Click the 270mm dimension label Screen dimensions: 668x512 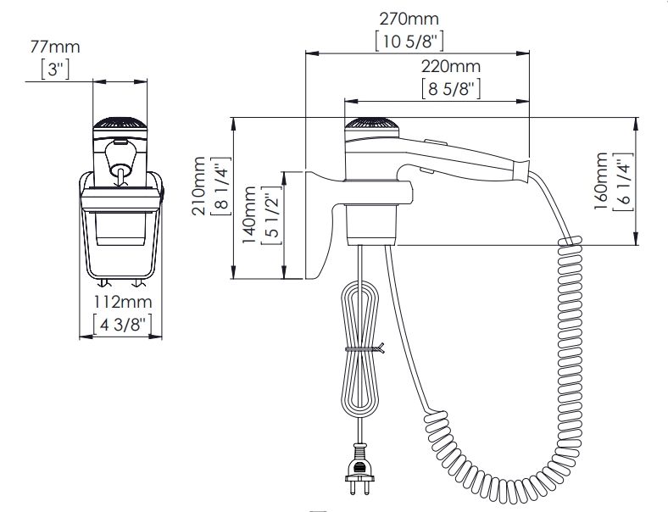pos(409,19)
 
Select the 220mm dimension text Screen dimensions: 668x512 pos(451,66)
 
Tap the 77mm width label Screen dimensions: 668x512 pos(55,47)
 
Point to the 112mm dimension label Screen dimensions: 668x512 pos(123,302)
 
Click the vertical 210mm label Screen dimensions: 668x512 pos(198,186)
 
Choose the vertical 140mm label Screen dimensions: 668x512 pos(248,215)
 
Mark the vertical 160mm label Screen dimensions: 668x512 pos(601,181)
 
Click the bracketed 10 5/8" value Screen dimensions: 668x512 pos(409,42)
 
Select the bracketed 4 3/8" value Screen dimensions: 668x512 pos(122,325)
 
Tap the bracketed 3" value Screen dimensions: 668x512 pos(55,69)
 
